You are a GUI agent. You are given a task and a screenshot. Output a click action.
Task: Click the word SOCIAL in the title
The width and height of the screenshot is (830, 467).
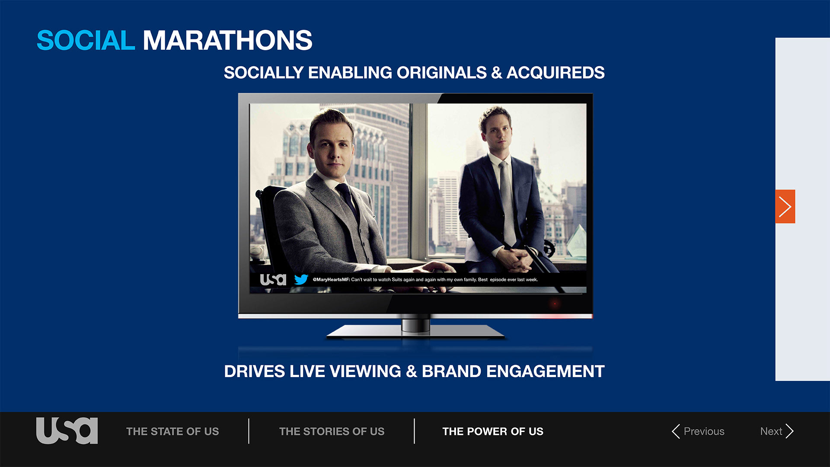click(86, 41)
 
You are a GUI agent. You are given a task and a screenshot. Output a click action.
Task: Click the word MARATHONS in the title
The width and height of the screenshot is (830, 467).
click(227, 41)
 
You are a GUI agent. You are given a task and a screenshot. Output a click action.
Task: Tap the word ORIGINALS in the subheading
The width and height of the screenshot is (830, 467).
click(442, 73)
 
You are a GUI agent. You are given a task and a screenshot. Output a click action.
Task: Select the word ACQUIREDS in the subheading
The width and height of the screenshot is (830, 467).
click(555, 73)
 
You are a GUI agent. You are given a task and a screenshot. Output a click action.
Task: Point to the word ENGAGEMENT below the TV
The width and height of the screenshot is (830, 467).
click(545, 371)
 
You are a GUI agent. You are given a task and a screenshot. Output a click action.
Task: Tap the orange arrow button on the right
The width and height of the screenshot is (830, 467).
click(785, 207)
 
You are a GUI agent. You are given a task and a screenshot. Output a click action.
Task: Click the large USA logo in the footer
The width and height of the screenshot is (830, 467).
click(67, 431)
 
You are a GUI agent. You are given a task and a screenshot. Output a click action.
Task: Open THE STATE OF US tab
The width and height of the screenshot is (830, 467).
click(172, 432)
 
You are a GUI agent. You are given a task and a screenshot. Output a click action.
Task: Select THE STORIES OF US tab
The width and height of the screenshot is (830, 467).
click(332, 432)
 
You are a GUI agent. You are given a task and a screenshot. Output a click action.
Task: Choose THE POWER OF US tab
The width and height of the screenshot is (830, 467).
click(493, 432)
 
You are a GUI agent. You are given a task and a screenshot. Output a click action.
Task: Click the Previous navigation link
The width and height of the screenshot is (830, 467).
click(698, 431)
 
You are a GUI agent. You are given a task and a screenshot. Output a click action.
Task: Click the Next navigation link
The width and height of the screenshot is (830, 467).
click(777, 431)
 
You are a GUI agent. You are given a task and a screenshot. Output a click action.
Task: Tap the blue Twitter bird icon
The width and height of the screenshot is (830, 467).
click(301, 279)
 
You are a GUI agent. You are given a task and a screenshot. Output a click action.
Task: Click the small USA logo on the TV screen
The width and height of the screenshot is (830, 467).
click(273, 280)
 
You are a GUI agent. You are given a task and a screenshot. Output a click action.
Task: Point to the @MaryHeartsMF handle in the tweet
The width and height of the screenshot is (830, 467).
click(331, 280)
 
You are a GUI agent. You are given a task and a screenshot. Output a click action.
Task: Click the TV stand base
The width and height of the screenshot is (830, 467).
click(415, 332)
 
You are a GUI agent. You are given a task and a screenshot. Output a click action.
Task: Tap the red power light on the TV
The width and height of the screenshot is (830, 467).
click(555, 304)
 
